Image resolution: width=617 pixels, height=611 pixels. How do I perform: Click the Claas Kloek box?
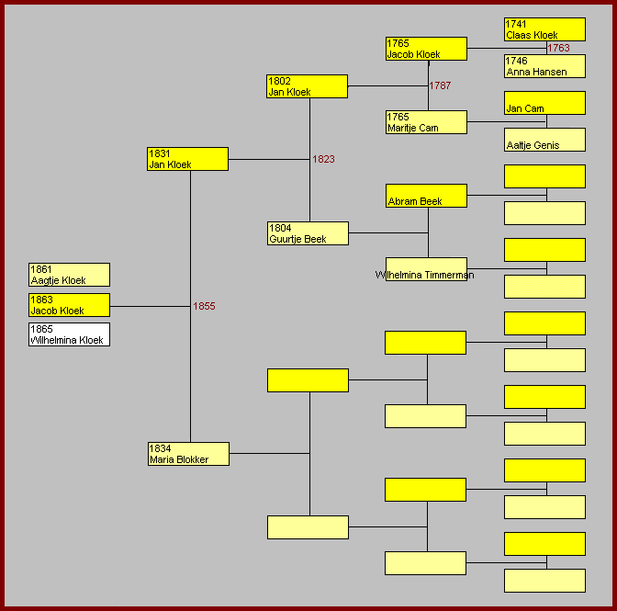coord(544,29)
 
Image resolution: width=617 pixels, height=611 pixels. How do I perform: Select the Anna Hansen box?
coord(544,66)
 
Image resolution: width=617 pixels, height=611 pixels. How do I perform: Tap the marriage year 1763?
coord(558,48)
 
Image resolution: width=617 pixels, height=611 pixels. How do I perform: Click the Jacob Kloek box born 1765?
coord(426,49)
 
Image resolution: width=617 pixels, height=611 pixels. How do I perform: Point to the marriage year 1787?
coord(440,85)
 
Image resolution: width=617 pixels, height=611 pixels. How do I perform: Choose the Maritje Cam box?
coord(426,122)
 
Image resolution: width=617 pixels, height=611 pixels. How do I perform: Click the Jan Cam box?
coord(544,103)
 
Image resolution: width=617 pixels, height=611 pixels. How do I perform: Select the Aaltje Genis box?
coord(544,140)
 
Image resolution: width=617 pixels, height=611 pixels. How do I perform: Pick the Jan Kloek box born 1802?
coord(307,86)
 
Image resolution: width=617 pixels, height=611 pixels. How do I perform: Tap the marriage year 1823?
coord(323,159)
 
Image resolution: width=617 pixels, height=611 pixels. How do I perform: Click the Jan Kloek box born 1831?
coord(187,159)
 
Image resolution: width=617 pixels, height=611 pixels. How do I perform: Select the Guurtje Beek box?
coord(308,233)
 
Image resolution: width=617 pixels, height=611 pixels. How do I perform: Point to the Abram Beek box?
coord(426,196)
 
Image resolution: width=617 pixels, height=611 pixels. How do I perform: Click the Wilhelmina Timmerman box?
coord(426,269)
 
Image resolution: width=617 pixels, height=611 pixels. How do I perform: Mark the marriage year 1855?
coord(204,306)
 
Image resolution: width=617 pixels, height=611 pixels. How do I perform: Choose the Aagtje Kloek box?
coord(69,275)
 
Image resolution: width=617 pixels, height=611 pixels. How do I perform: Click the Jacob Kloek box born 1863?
coord(69,305)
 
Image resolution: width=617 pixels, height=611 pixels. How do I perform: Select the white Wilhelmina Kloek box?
coord(69,334)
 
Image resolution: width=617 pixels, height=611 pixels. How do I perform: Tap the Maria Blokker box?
coord(188,454)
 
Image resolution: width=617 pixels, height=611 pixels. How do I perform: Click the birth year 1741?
coord(515,24)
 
